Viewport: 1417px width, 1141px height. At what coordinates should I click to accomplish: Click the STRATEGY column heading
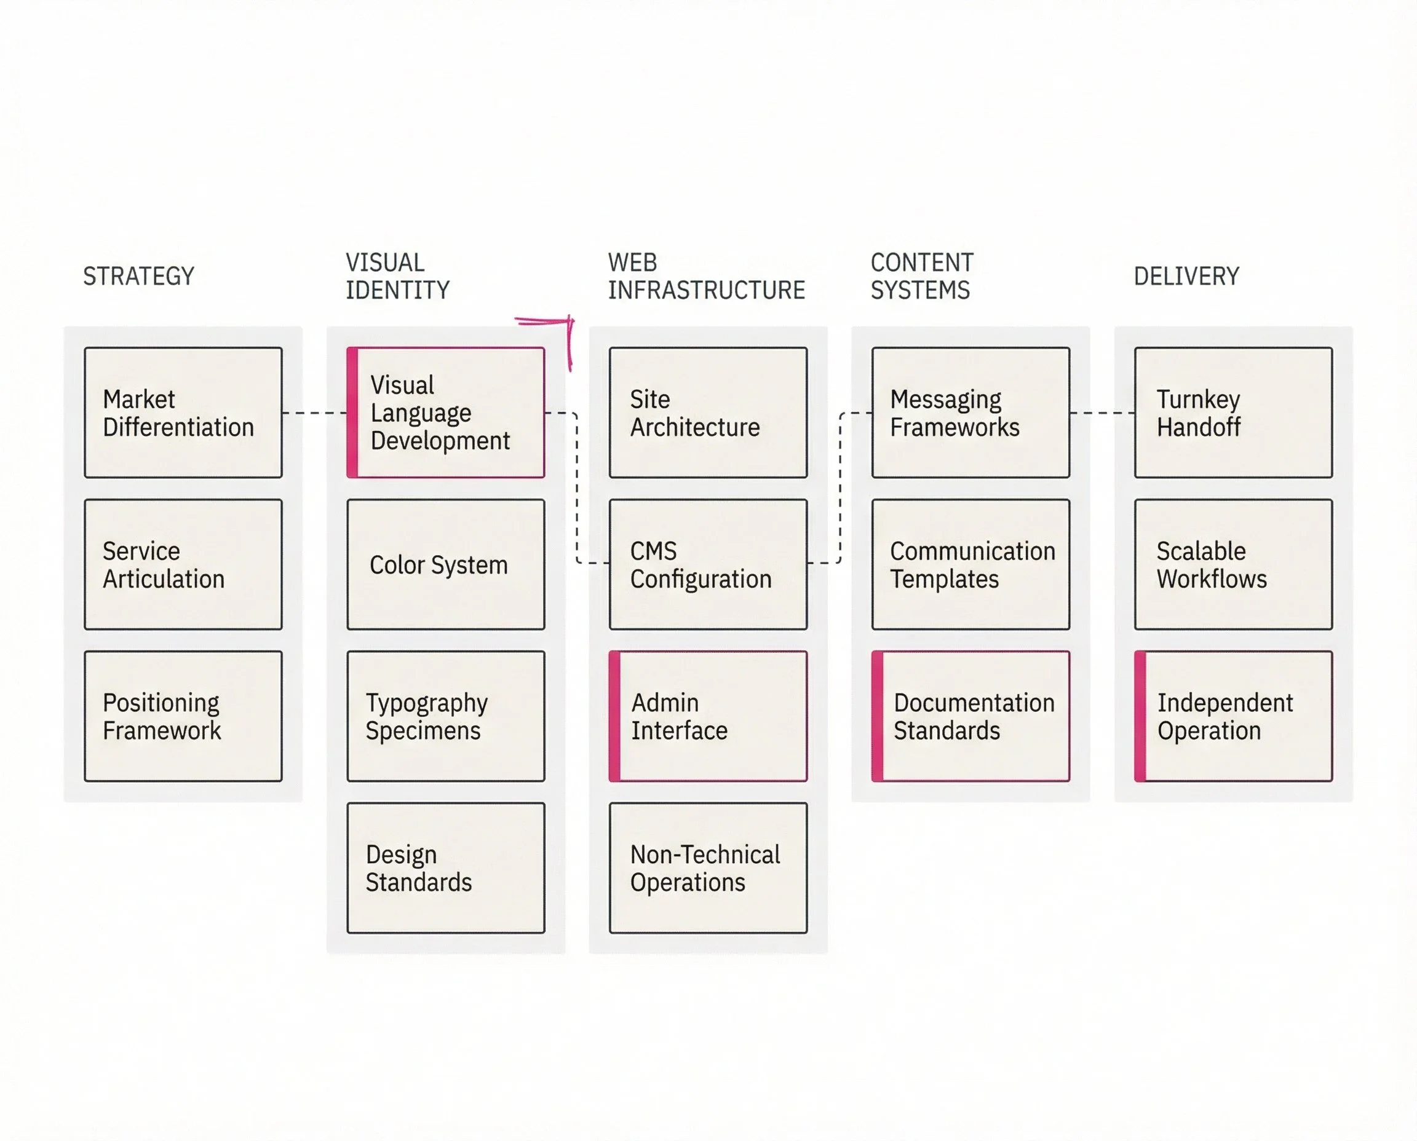pyautogui.click(x=139, y=276)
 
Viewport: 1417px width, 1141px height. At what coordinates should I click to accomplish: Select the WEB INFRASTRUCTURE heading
pyautogui.click(x=705, y=276)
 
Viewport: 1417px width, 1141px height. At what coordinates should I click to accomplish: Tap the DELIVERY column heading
pyautogui.click(x=1186, y=276)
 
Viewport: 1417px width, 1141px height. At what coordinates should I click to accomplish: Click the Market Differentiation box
pyautogui.click(x=183, y=413)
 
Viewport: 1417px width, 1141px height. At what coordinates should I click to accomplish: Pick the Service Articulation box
pyautogui.click(x=183, y=564)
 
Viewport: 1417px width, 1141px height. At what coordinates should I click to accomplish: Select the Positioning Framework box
pyautogui.click(x=183, y=716)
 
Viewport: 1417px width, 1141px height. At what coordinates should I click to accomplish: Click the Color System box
pyautogui.click(x=445, y=564)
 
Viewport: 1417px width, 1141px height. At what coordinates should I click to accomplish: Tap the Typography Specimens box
pyautogui.click(x=445, y=716)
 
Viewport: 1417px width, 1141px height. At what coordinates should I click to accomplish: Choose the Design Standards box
pyautogui.click(x=445, y=867)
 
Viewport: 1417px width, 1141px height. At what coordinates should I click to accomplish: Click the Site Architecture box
pyautogui.click(x=707, y=413)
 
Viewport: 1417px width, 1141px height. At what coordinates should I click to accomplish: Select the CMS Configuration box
pyautogui.click(x=707, y=564)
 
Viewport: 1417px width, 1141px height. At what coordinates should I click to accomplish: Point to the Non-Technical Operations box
pyautogui.click(x=707, y=867)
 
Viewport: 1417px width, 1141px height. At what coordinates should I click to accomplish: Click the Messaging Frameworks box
pyautogui.click(x=970, y=413)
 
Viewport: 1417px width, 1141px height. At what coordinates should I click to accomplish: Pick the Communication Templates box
pyautogui.click(x=970, y=564)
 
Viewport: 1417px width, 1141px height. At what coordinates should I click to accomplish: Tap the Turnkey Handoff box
pyautogui.click(x=1233, y=413)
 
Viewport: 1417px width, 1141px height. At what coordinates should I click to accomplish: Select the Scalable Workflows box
pyautogui.click(x=1233, y=564)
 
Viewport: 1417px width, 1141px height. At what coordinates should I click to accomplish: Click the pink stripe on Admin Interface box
pyautogui.click(x=615, y=716)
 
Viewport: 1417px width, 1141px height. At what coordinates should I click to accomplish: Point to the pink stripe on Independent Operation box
pyautogui.click(x=1140, y=716)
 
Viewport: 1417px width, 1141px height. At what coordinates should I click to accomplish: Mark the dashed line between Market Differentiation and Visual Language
pyautogui.click(x=314, y=413)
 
